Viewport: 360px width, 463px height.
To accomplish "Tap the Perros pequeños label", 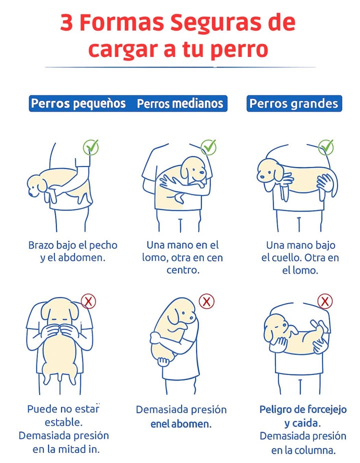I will (78, 103).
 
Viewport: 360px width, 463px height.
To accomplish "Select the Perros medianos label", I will (180, 103).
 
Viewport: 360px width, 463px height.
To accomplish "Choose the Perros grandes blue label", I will (294, 103).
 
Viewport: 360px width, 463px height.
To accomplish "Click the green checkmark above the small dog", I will (91, 147).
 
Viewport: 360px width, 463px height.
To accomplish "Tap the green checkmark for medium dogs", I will (208, 147).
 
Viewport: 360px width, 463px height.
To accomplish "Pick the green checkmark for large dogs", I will (326, 147).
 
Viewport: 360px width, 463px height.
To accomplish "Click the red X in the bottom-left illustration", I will (88, 301).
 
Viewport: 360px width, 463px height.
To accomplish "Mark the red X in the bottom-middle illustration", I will (206, 301).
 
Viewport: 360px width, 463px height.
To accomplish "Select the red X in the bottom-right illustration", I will (325, 301).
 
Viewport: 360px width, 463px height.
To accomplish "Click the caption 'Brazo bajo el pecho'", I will (73, 245).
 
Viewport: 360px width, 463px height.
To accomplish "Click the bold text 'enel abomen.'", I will (181, 424).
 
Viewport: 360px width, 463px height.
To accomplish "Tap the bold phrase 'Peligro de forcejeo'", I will (303, 409).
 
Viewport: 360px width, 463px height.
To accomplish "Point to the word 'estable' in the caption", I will (62, 422).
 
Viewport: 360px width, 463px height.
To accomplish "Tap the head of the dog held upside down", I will (274, 327).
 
